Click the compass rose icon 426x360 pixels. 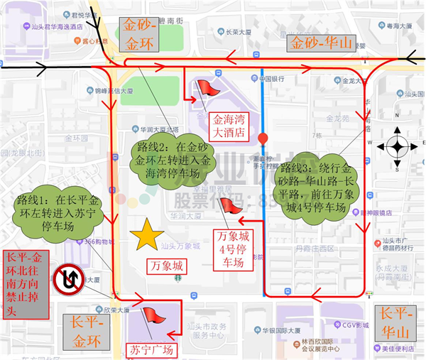(396, 148)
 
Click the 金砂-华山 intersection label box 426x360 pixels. (321, 43)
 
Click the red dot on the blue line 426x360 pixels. (263, 138)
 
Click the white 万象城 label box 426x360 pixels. (168, 266)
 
